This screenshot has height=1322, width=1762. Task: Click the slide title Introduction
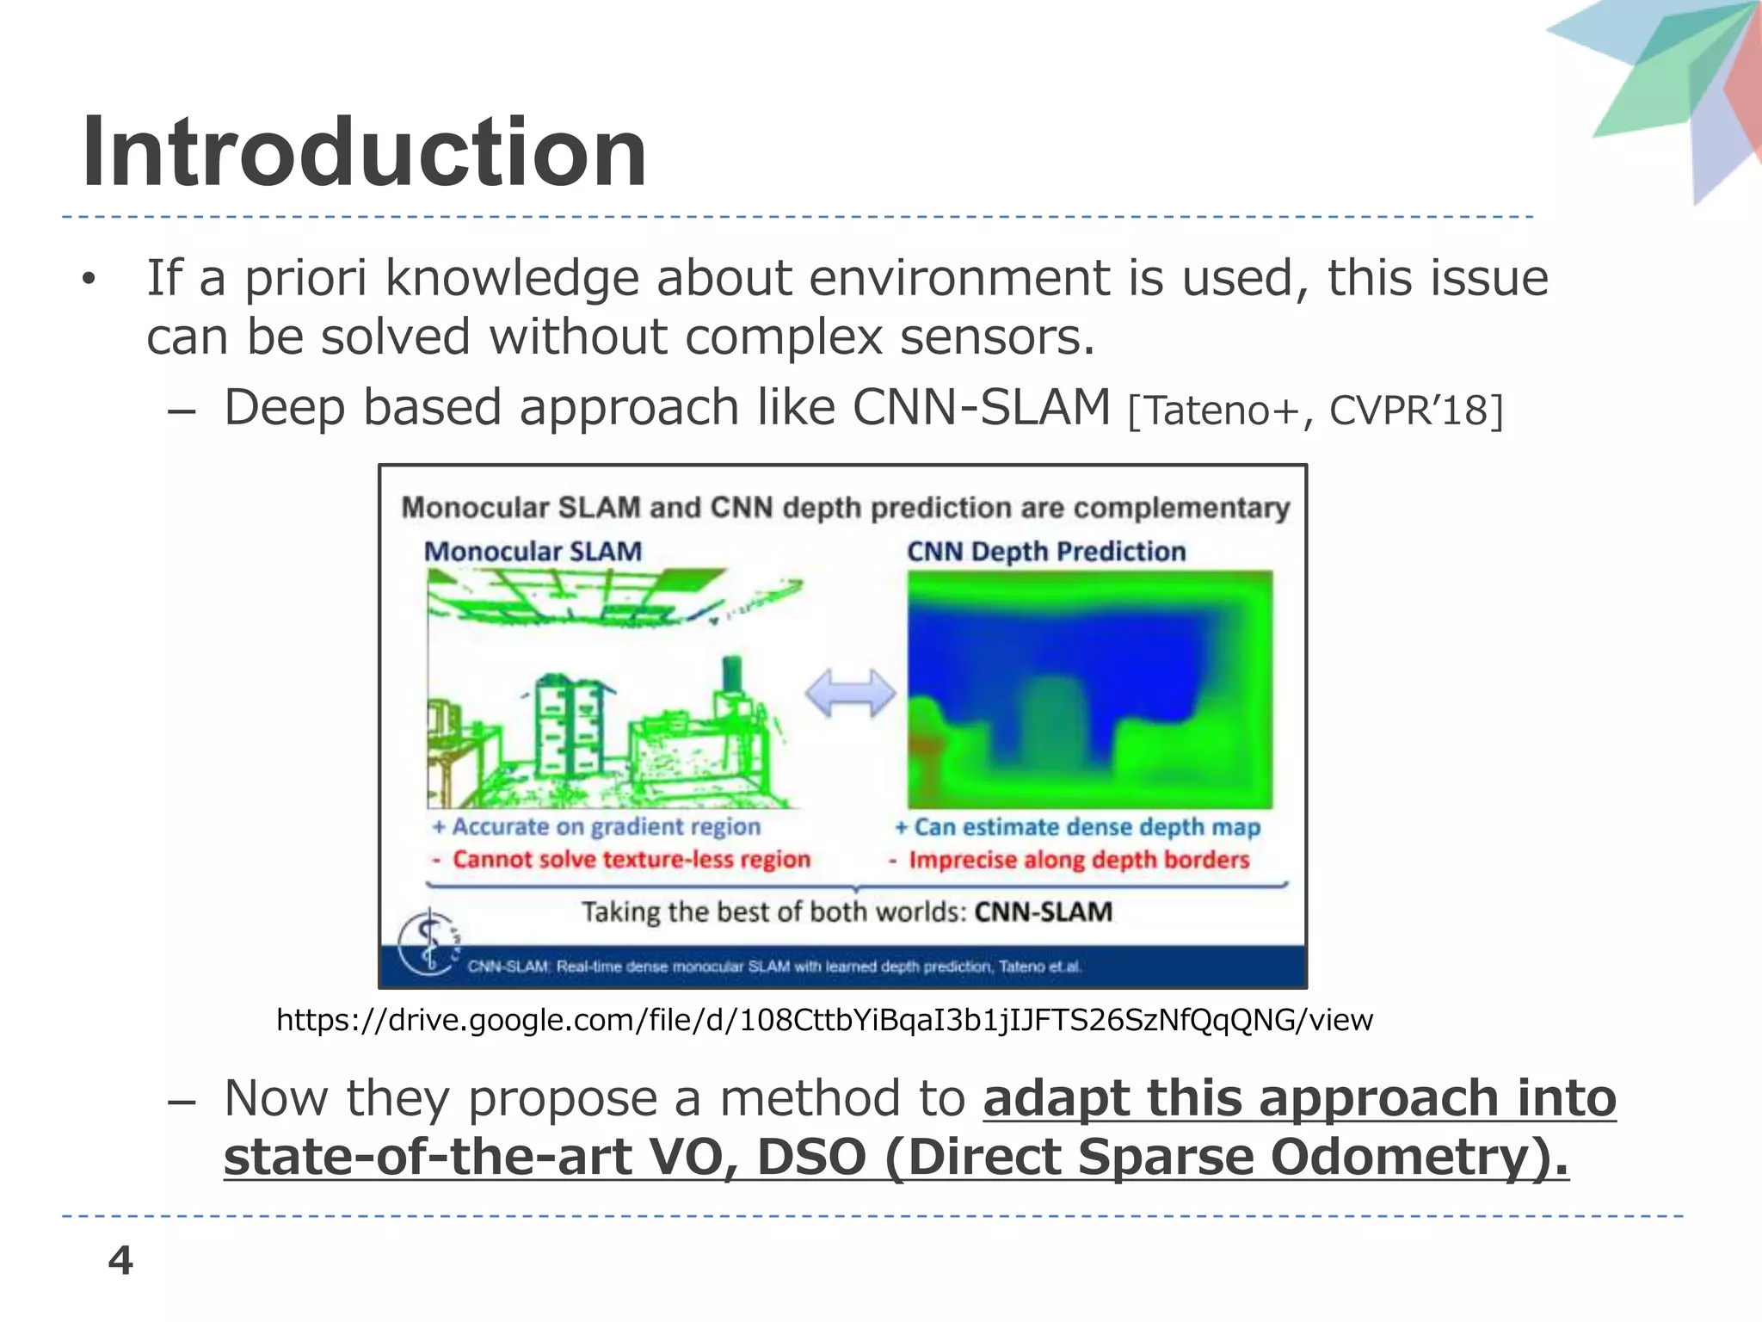[364, 153]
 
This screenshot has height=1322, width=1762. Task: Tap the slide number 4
[120, 1261]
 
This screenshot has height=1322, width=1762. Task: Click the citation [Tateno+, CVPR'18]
[1315, 411]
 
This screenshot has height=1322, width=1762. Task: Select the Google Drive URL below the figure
[824, 1020]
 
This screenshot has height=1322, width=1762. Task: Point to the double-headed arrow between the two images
[850, 693]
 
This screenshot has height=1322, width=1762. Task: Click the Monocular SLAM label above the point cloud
[533, 551]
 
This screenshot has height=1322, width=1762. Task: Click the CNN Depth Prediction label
[1046, 551]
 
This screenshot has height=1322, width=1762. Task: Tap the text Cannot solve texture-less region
[631, 859]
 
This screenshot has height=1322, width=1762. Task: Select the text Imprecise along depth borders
[1078, 860]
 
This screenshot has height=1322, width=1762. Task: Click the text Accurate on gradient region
[606, 826]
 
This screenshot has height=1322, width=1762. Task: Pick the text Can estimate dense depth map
[1086, 827]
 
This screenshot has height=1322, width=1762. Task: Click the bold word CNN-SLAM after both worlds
[1043, 911]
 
